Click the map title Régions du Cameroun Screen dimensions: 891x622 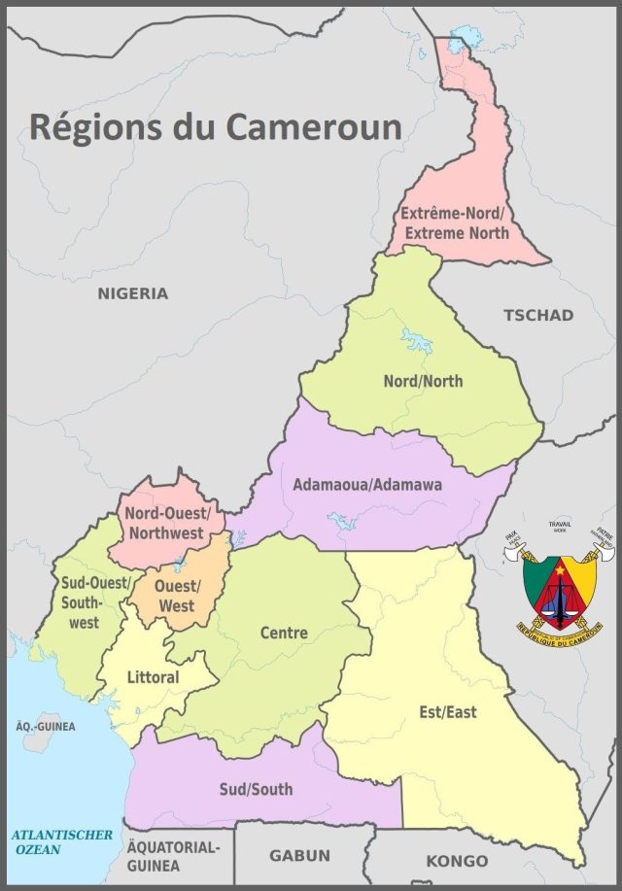coord(215,126)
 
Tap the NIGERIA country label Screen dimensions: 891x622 coord(132,293)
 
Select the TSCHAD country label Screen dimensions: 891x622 coord(537,315)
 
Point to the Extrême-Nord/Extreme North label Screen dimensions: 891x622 coord(456,223)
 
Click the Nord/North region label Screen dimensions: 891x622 coord(423,381)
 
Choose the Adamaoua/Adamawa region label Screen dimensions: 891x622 coord(367,484)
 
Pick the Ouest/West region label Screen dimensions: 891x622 coord(175,596)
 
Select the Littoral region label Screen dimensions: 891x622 coord(153,676)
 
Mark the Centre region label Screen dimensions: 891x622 coord(284,633)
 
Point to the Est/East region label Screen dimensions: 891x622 coord(448,712)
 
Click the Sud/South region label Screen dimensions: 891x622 coord(257,789)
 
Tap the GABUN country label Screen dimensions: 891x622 coord(299,856)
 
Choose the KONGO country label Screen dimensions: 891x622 coord(457,861)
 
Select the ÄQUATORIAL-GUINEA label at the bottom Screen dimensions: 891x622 coord(173,855)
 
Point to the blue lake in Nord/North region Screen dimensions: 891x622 coord(417,342)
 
